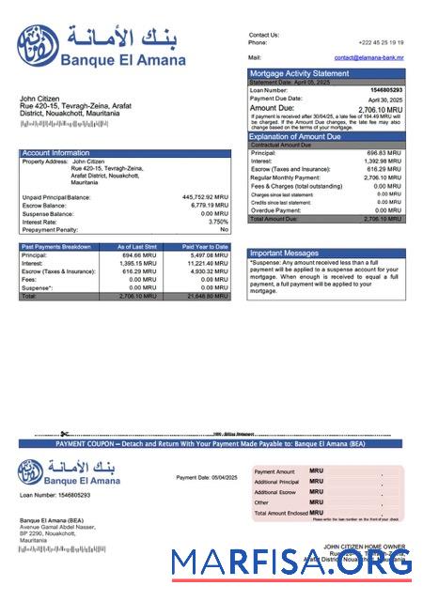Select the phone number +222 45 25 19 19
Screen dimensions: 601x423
pos(381,42)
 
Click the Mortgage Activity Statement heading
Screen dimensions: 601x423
pos(298,73)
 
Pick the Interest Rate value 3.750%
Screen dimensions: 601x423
pos(217,222)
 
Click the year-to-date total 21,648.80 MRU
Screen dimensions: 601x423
pos(207,296)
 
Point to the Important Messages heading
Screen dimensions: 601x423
pos(286,253)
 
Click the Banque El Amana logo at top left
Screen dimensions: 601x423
pos(37,41)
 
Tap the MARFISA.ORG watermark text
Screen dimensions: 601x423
pos(291,563)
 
